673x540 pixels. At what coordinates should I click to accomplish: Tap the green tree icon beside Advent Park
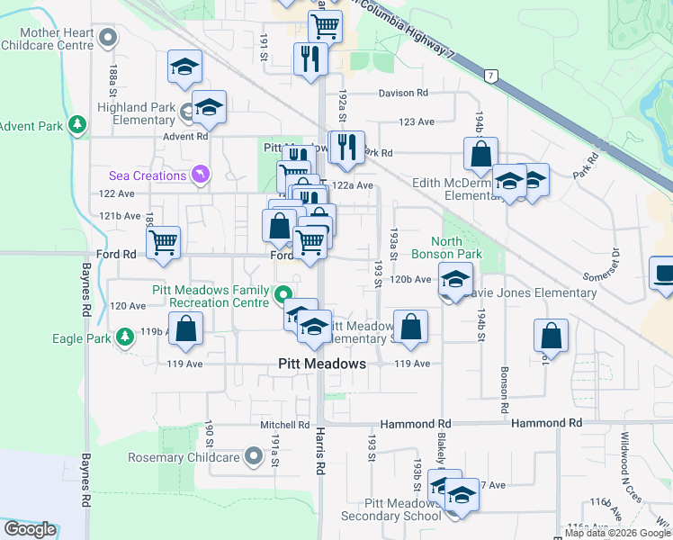coord(78,126)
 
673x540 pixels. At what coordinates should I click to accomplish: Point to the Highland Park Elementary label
coord(136,113)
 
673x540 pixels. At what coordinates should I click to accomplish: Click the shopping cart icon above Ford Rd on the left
coord(163,241)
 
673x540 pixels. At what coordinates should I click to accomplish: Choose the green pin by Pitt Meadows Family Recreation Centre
coord(284,295)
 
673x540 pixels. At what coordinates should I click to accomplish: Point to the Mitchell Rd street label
coord(285,425)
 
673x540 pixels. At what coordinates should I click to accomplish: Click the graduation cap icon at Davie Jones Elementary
coord(455,277)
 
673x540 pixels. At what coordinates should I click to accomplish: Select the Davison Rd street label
coord(402,94)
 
